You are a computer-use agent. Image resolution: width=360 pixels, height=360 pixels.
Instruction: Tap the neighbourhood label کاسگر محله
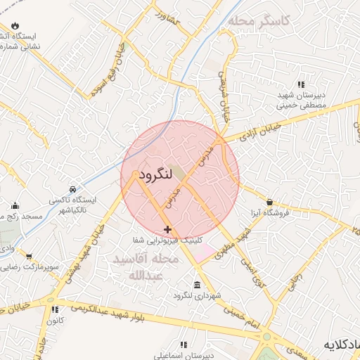coord(259,21)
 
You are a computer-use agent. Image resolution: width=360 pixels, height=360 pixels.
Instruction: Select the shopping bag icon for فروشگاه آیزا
coord(269,202)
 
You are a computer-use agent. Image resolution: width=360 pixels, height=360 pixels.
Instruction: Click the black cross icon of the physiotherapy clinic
coord(167,229)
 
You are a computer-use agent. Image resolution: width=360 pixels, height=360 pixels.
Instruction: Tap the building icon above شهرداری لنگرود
coord(196,285)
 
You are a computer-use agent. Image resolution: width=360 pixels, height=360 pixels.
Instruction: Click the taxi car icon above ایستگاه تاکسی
coord(73,190)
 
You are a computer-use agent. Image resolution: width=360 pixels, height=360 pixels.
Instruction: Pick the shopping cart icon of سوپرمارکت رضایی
coord(28,257)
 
